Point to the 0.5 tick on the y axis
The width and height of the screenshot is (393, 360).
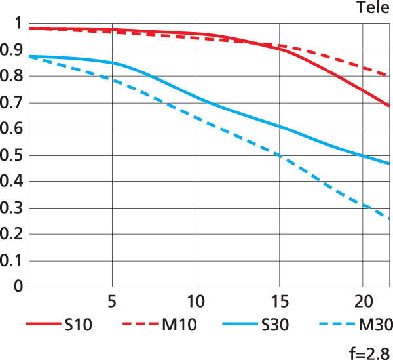(x=12, y=156)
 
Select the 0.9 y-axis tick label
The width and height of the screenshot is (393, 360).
(x=12, y=50)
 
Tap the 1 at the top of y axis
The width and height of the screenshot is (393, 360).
(x=18, y=24)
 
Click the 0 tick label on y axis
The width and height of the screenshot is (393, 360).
(x=18, y=287)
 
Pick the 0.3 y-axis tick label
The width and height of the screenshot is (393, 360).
(x=12, y=209)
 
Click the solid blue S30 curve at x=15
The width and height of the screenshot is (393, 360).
(x=280, y=126)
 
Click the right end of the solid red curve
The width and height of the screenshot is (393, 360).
(x=389, y=105)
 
